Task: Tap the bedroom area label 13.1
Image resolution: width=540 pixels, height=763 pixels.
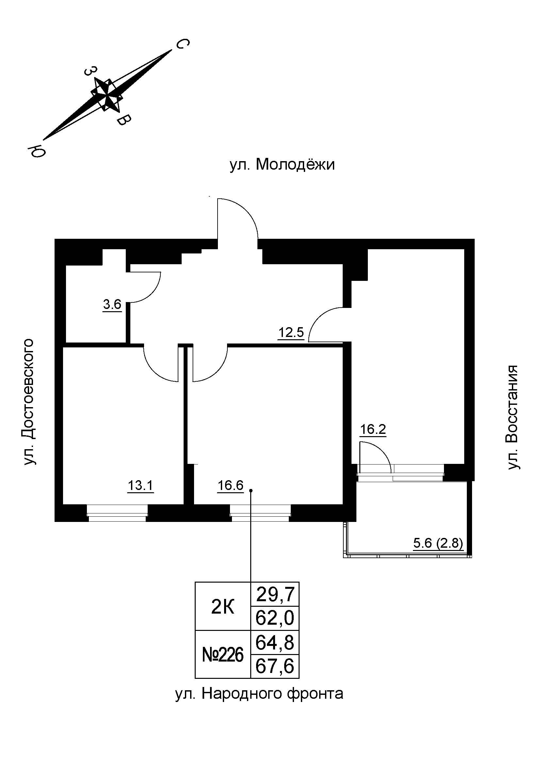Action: (140, 486)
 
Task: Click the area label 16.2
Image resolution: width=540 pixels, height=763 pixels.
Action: (373, 429)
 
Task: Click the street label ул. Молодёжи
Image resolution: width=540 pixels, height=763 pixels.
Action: (282, 164)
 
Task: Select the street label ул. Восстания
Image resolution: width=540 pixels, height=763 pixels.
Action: (512, 418)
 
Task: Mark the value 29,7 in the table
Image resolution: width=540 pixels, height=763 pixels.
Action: (275, 595)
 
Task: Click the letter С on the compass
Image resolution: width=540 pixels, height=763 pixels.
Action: (182, 44)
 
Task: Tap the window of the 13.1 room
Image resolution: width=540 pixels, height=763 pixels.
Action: (117, 515)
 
